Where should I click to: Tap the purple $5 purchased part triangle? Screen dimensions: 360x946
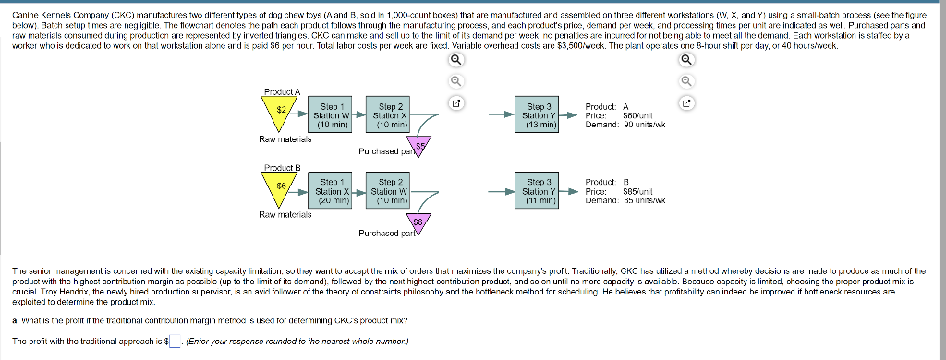419,144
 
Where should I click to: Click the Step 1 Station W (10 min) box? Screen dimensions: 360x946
330,115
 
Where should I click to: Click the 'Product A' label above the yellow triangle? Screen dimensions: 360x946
281,91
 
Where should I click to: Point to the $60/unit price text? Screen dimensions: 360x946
629,114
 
